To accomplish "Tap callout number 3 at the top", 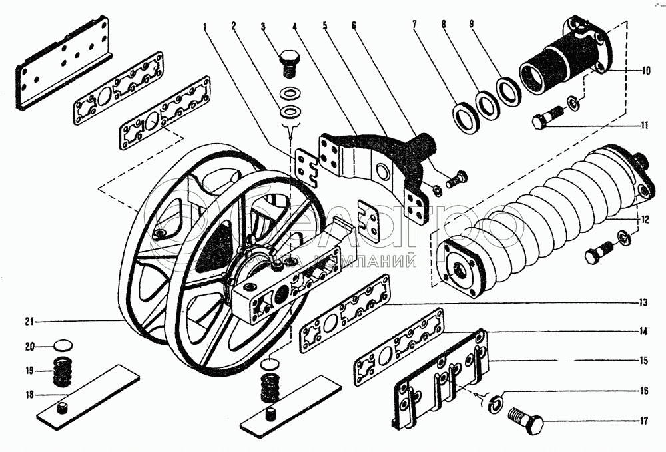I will pos(263,27).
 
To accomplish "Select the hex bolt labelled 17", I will pos(526,420).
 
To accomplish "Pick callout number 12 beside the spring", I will pos(646,218).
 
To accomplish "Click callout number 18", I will pos(29,395).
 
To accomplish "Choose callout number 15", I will pos(644,361).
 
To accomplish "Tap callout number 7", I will pos(414,26).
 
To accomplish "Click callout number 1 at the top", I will pos(206,27).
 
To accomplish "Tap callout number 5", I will pos(325,27).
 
